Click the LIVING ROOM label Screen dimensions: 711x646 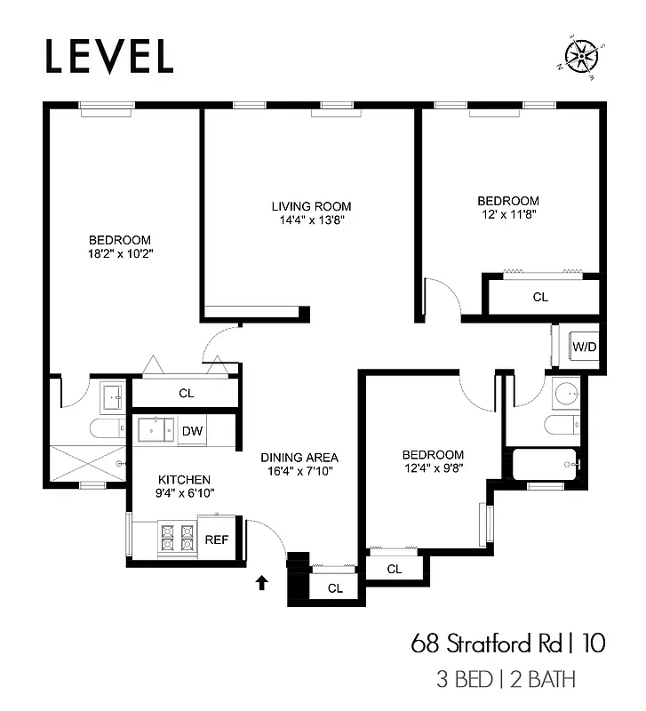pyautogui.click(x=311, y=206)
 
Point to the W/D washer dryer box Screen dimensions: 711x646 pyautogui.click(x=584, y=346)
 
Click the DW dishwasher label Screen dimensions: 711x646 pyautogui.click(x=193, y=431)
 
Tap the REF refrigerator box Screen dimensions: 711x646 pyautogui.click(x=217, y=539)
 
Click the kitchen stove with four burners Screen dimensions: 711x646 pyautogui.click(x=176, y=538)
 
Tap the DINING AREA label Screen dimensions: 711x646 pyautogui.click(x=299, y=458)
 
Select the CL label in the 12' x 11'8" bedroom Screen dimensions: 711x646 pyautogui.click(x=540, y=298)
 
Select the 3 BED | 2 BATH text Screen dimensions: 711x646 pyautogui.click(x=506, y=680)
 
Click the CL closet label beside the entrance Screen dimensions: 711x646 pyautogui.click(x=335, y=587)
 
